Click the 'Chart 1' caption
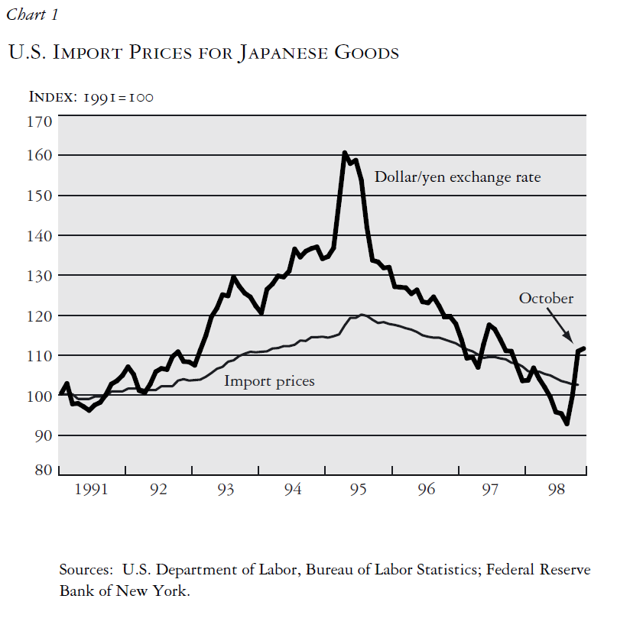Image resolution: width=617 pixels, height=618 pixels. pyautogui.click(x=31, y=15)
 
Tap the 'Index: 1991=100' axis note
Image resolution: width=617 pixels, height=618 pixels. pyautogui.click(x=91, y=97)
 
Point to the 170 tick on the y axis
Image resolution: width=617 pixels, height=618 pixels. pyautogui.click(x=41, y=121)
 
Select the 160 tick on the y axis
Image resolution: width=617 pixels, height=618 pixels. pyautogui.click(x=41, y=155)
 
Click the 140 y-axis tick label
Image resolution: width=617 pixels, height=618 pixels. pyautogui.click(x=41, y=235)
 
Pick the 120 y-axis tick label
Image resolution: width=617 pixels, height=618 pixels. pyautogui.click(x=41, y=315)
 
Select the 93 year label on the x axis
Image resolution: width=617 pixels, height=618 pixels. pyautogui.click(x=226, y=490)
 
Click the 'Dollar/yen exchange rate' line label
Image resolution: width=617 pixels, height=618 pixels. pyautogui.click(x=457, y=177)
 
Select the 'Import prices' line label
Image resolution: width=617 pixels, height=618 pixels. pyautogui.click(x=269, y=380)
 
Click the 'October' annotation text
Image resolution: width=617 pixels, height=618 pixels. pyautogui.click(x=546, y=298)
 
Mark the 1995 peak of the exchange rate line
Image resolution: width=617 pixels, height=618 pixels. pyautogui.click(x=345, y=154)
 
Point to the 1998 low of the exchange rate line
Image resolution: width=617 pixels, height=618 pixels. pyautogui.click(x=567, y=422)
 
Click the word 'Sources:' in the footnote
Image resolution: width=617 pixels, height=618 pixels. pyautogui.click(x=84, y=571)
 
